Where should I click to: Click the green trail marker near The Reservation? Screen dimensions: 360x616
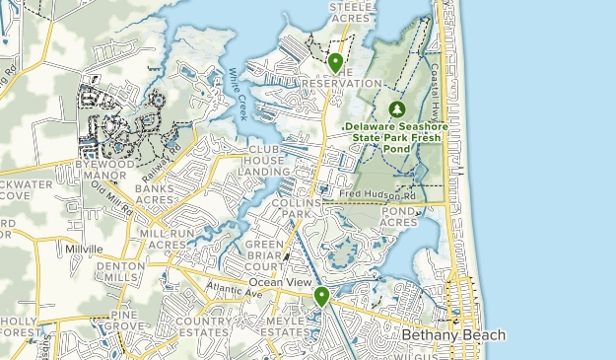point(336,64)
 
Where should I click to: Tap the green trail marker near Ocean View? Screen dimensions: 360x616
point(321,296)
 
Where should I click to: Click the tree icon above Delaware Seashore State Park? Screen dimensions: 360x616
point(397,108)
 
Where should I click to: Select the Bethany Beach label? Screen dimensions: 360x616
point(453,335)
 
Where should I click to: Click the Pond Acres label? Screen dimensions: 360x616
point(399,217)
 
